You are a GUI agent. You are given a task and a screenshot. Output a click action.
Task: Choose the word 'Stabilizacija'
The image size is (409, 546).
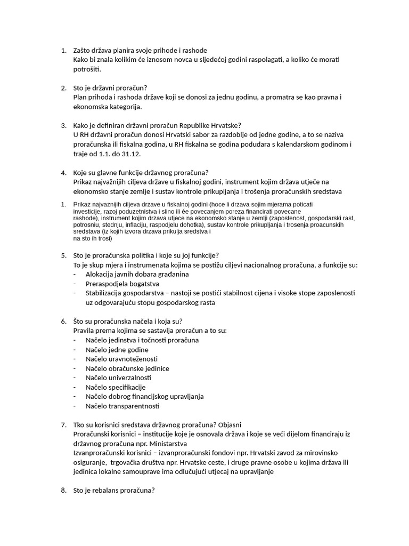(105, 293)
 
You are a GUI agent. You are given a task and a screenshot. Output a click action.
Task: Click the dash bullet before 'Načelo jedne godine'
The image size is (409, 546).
(75, 349)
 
